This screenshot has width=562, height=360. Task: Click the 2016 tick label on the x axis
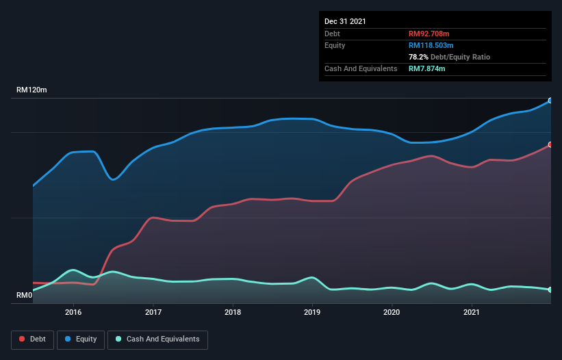point(73,312)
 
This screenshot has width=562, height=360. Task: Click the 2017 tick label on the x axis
point(153,312)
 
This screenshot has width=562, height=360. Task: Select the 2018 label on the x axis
point(233,312)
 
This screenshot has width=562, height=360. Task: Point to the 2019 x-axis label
point(312,312)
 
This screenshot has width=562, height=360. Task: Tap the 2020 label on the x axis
point(392,312)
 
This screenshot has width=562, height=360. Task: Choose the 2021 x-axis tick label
point(472,312)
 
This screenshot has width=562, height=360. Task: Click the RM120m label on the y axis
point(31,90)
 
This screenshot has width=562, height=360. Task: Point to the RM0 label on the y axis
point(25,296)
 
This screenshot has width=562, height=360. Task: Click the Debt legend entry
point(32,339)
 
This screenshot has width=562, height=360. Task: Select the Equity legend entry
point(81,339)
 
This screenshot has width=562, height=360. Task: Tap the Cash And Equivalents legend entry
point(157,339)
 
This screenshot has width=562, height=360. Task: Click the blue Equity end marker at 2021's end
point(550,101)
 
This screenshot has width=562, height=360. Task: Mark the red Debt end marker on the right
point(550,144)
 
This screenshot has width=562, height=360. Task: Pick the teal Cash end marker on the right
point(550,290)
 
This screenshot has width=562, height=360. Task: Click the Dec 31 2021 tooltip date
point(345,21)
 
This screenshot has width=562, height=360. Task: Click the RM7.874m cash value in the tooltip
point(427,68)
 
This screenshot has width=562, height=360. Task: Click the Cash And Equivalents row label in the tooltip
point(361,68)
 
